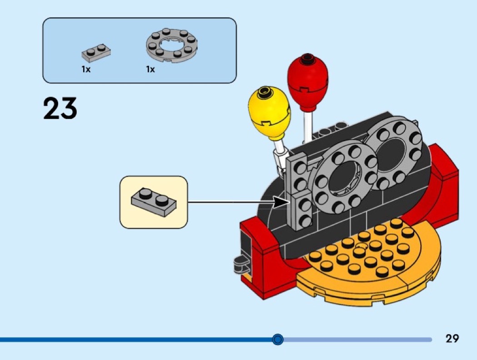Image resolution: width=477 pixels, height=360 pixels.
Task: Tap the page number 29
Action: tap(452, 338)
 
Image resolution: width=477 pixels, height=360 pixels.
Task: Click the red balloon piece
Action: tap(308, 82)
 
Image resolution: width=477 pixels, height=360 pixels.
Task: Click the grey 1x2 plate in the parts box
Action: tap(96, 53)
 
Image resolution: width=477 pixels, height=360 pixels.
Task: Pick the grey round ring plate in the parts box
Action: tap(172, 45)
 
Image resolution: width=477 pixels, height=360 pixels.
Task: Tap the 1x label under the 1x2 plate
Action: tap(86, 69)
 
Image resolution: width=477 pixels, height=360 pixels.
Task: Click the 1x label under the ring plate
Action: tap(150, 69)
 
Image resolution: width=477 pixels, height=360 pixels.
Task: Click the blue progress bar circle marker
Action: tap(278, 339)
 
